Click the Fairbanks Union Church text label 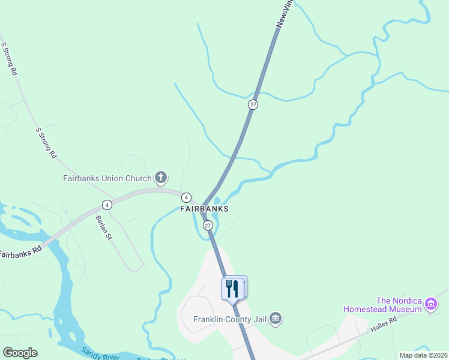point(107,178)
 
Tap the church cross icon point(160,178)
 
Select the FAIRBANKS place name point(205,209)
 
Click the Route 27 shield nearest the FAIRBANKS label point(208,225)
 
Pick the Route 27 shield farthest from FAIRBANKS point(253,104)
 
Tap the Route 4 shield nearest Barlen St point(106,204)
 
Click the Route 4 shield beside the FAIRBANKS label point(187,197)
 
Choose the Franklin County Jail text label point(229,319)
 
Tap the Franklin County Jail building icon point(276,318)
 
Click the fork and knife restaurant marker point(232,288)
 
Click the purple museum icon point(430,305)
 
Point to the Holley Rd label point(384,325)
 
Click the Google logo point(20,353)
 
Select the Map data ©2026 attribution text point(423,355)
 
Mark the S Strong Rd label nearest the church point(46,143)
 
